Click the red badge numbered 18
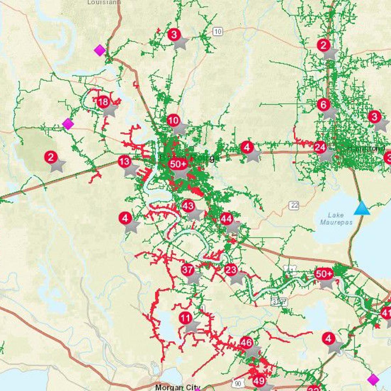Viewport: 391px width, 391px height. [103, 102]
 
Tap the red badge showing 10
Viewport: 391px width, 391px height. [173, 121]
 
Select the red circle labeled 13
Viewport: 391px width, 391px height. [124, 161]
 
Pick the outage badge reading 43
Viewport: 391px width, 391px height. [188, 206]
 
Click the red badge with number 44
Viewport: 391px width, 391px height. [226, 219]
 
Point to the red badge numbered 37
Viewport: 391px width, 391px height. [187, 270]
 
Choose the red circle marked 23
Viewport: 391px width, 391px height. [231, 270]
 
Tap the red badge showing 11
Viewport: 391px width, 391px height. [185, 318]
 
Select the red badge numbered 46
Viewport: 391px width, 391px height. [246, 342]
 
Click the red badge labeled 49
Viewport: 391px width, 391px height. [259, 380]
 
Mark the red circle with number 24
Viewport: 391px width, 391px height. [320, 148]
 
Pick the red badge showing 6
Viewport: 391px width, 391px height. [324, 105]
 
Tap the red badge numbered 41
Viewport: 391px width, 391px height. [386, 313]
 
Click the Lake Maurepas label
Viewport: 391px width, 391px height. [336, 219]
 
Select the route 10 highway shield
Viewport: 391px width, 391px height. [218, 31]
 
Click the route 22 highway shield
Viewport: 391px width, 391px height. [294, 205]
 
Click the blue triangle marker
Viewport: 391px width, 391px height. [362, 208]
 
